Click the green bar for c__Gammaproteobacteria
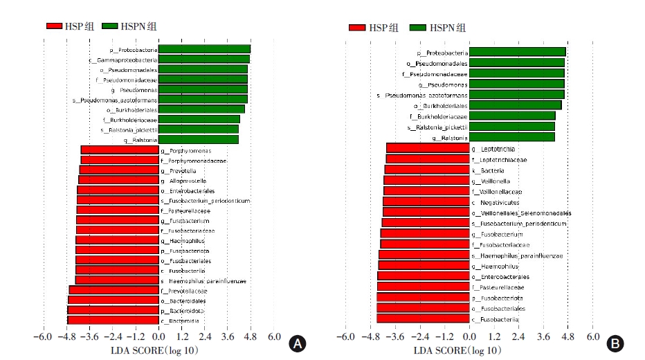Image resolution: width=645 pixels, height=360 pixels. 203,60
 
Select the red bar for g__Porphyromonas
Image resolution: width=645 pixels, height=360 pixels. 119,150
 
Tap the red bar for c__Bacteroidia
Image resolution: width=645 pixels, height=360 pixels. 113,321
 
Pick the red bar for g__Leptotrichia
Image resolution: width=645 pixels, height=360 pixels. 427,149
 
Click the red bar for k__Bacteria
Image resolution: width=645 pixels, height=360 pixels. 426,170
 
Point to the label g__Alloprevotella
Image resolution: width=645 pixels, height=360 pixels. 183,181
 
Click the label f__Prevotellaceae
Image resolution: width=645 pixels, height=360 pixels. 184,291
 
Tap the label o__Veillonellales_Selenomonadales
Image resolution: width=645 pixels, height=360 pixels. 521,213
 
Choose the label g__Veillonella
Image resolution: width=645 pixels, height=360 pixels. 491,181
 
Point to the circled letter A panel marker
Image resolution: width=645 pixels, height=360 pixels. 297,343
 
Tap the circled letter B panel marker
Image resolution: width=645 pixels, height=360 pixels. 614,343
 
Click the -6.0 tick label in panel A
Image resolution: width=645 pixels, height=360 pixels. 43,337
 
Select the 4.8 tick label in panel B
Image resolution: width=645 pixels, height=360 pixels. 568,337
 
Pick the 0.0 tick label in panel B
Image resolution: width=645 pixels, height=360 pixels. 469,337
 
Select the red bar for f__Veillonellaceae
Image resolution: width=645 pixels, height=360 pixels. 426,192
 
